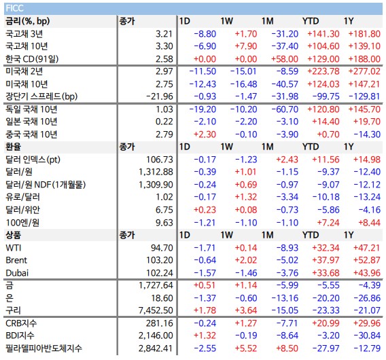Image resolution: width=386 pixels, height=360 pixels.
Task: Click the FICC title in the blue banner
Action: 14,8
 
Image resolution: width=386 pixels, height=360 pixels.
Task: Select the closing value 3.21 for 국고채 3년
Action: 164,34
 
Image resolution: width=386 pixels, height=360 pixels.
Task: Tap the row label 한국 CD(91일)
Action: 32,59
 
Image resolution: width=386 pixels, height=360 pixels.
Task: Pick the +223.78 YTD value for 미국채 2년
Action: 323,71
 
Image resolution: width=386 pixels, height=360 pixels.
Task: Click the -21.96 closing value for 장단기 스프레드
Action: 160,96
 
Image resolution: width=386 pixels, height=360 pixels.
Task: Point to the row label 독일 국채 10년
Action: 31,109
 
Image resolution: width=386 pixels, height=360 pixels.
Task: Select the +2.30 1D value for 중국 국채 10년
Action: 205,134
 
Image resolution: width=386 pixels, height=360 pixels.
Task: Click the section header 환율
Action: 14,147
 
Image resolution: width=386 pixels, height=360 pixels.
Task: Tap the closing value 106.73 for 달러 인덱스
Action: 160,160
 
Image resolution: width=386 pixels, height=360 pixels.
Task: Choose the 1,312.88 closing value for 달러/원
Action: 156,172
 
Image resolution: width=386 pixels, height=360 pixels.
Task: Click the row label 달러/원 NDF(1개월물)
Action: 46,185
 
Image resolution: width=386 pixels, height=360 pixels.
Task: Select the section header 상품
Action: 14,235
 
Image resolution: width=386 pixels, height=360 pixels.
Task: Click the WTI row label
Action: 14,248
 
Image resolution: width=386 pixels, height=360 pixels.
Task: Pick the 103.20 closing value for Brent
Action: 160,260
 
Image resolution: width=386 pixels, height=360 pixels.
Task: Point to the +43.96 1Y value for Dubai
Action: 367,273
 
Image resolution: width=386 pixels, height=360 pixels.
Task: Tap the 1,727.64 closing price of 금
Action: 156,285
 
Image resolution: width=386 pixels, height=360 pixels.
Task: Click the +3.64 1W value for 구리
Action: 246,310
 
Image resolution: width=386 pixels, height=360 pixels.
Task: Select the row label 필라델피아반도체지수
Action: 43,348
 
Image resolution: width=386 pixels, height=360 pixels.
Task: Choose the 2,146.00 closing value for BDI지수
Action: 156,336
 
